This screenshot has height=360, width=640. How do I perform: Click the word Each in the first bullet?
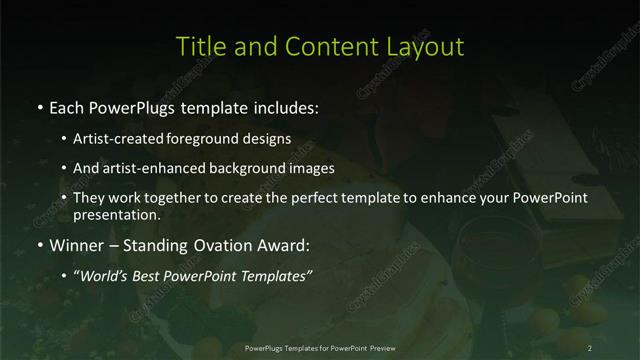point(67,105)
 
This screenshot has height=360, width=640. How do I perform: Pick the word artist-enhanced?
point(148,168)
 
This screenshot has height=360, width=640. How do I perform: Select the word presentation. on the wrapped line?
point(116,214)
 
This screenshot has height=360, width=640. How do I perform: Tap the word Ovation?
point(216,242)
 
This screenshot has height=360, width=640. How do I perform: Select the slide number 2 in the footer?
point(590,347)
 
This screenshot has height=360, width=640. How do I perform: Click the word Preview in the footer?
point(392,347)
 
